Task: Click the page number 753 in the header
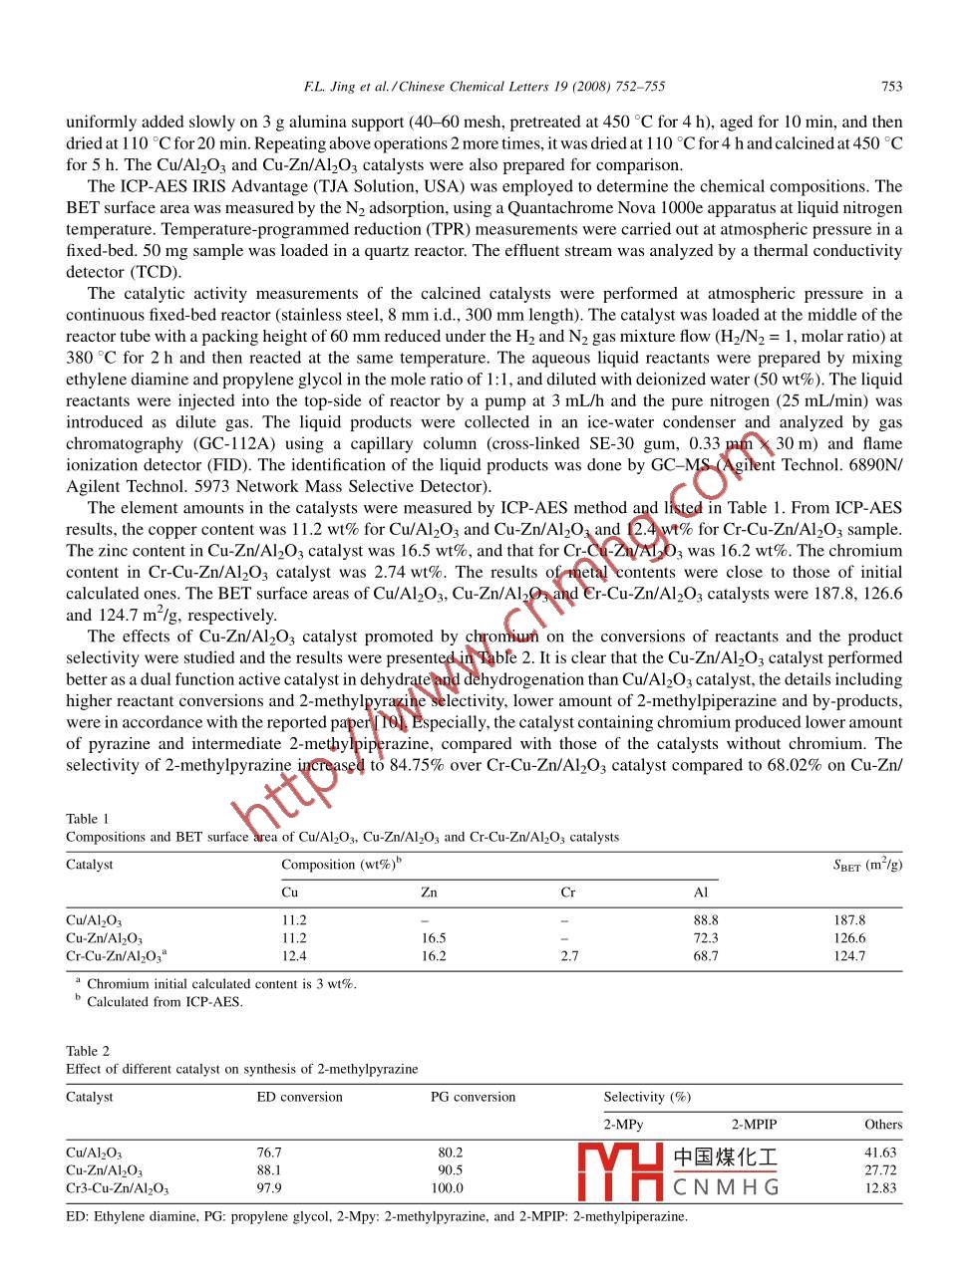[891, 87]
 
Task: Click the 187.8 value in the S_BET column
[849, 920]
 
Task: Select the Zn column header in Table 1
[429, 893]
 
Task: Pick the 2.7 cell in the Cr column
[569, 956]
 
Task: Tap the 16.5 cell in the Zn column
[433, 938]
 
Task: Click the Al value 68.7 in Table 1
[706, 956]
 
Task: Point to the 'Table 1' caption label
[88, 819]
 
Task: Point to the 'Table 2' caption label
[88, 1051]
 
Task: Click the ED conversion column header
[299, 1097]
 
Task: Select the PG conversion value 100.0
[447, 1188]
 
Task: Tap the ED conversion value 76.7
[269, 1153]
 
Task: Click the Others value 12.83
[880, 1188]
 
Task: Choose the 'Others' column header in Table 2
[883, 1125]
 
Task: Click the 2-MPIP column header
[754, 1125]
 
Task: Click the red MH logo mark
[620, 1171]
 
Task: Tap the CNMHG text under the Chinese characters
[726, 1187]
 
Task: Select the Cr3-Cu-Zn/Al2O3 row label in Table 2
[117, 1188]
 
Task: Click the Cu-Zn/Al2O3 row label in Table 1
[104, 938]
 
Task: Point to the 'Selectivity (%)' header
[647, 1097]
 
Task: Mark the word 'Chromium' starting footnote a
[116, 984]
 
